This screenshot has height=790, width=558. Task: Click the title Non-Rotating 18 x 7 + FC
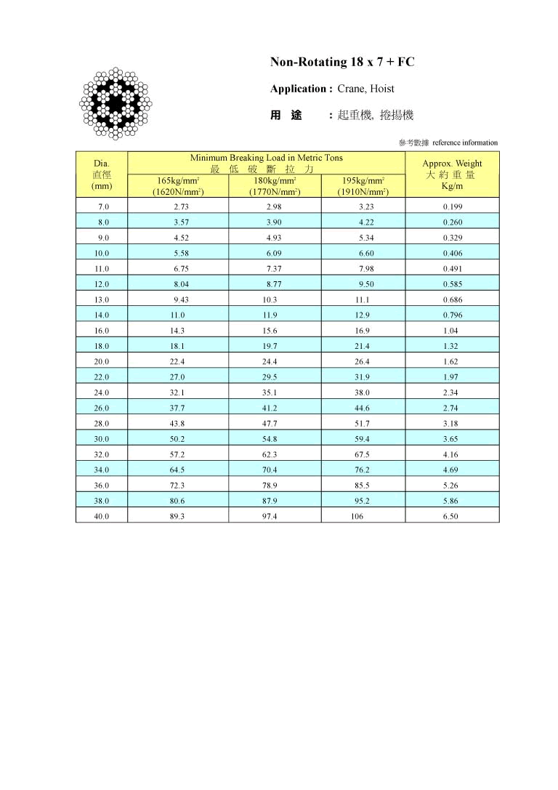click(x=342, y=63)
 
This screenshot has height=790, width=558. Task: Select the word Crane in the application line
click(x=350, y=89)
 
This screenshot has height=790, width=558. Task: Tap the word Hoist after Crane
click(x=382, y=89)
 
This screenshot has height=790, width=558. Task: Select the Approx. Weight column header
click(x=452, y=164)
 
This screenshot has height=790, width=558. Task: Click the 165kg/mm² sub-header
click(x=178, y=182)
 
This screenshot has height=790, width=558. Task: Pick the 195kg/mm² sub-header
click(x=363, y=182)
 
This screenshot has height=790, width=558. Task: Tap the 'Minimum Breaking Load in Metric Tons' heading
click(x=266, y=158)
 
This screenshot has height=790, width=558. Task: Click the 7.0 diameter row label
click(x=103, y=207)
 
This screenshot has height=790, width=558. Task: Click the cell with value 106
click(x=357, y=516)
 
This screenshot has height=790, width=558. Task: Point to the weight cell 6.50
click(x=451, y=516)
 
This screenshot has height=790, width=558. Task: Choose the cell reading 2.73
click(x=181, y=207)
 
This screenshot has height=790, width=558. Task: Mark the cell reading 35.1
click(x=270, y=392)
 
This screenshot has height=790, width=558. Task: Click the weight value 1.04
click(x=451, y=331)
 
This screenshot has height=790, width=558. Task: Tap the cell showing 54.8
click(x=270, y=439)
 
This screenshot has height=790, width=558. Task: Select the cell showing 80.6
click(x=177, y=501)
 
